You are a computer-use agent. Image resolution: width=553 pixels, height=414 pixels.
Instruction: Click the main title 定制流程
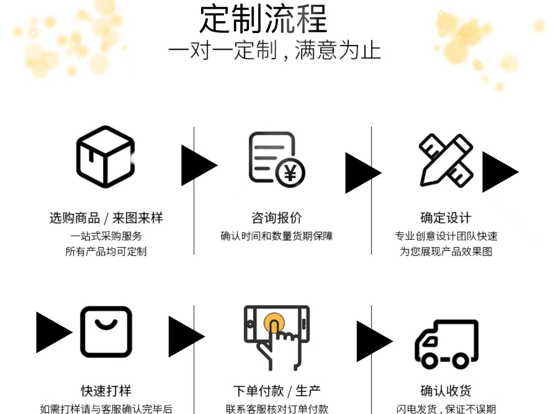(263, 19)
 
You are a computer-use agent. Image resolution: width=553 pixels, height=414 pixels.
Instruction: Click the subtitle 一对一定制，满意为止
(274, 51)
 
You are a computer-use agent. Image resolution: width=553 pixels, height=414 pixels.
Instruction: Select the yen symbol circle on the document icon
(290, 173)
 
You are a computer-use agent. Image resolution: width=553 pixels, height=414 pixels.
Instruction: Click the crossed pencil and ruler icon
(446, 160)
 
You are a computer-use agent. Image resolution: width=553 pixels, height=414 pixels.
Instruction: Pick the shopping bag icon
(106, 332)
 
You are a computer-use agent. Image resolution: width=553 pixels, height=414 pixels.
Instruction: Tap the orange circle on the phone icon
(274, 322)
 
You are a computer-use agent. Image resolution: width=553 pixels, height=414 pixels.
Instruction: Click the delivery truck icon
(447, 344)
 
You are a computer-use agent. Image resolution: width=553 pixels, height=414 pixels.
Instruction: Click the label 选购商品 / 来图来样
(106, 218)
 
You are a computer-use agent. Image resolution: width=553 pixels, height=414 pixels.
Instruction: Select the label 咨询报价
(276, 218)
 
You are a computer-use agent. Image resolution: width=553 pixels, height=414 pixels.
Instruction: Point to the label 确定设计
(445, 218)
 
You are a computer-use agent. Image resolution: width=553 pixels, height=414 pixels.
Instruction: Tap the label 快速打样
(106, 391)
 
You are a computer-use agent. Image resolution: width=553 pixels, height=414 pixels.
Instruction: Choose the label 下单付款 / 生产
(276, 391)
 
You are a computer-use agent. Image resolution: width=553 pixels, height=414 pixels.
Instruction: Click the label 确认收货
(445, 391)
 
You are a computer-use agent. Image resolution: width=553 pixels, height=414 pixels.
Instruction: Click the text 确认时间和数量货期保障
(276, 236)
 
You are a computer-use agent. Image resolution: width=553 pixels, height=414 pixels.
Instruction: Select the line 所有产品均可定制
(106, 251)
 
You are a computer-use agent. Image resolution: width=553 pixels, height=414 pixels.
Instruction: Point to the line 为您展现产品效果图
(446, 251)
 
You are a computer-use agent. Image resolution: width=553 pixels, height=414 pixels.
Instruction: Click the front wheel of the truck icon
(429, 360)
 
